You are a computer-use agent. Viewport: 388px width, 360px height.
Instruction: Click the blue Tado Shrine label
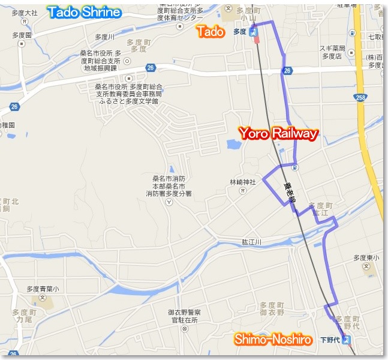coord(84,12)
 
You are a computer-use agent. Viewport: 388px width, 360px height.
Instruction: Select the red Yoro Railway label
coord(278,134)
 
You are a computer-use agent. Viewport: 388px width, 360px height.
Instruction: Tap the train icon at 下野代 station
coord(345,340)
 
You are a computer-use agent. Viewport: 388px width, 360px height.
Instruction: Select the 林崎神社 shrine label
coord(243,181)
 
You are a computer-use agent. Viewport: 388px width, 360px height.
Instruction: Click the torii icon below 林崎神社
coord(242,191)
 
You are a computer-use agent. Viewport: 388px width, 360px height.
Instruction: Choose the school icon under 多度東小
coord(366,267)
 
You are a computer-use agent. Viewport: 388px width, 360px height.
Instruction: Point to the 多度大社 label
coord(24,12)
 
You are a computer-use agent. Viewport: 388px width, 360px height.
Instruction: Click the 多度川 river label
coord(104,37)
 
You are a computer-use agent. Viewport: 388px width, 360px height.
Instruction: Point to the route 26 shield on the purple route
coord(287,71)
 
